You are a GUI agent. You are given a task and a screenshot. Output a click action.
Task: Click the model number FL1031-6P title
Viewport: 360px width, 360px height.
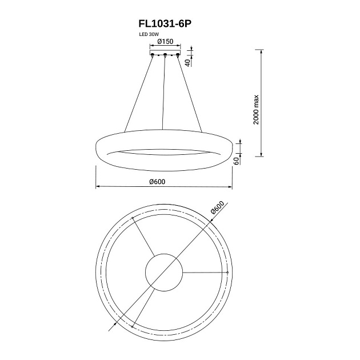tap(165, 24)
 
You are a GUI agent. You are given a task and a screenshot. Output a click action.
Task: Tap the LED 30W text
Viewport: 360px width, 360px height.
tap(149, 35)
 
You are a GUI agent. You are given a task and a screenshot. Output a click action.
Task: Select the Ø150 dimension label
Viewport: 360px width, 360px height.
tap(165, 42)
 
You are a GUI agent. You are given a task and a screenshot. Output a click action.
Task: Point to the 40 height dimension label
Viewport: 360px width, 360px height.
tap(187, 63)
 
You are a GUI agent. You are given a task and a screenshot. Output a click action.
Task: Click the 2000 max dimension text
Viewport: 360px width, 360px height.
tap(256, 110)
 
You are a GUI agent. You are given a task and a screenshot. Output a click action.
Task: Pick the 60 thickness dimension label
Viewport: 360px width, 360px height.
tap(236, 161)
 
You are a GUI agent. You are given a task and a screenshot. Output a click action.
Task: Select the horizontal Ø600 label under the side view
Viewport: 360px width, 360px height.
tap(157, 182)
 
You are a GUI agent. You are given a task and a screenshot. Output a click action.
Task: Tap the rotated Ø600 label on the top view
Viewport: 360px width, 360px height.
tap(217, 207)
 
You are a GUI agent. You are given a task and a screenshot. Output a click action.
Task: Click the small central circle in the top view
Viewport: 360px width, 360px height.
tap(164, 273)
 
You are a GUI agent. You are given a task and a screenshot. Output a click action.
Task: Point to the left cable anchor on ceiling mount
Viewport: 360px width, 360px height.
tap(152, 55)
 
